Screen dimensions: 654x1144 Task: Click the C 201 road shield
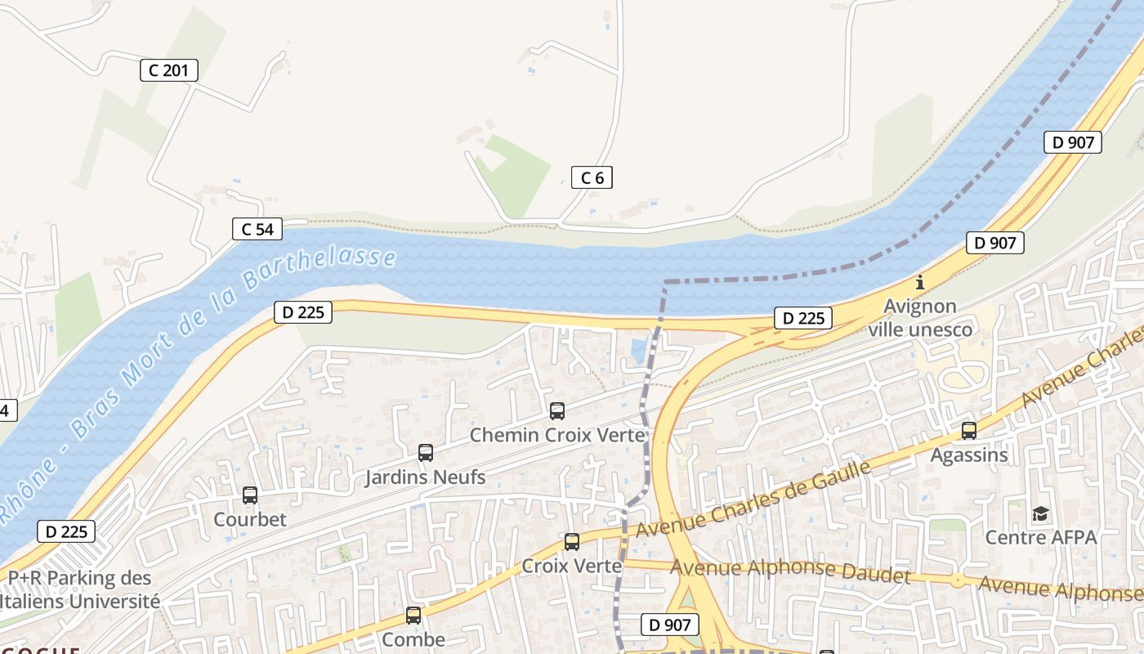169,70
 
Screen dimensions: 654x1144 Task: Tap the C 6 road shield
592,177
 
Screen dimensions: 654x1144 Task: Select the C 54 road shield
257,229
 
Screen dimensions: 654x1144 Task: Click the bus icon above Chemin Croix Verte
557,411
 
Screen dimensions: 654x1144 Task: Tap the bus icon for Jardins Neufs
425,453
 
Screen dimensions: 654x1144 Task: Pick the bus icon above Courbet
250,495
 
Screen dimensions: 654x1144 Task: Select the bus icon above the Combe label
413,616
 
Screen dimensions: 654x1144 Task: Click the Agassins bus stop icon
969,431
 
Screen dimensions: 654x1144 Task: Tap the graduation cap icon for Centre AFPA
1040,513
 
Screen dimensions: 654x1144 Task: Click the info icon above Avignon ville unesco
920,283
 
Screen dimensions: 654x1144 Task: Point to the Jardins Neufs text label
425,477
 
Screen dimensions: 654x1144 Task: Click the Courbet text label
250,519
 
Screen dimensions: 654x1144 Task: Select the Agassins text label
969,455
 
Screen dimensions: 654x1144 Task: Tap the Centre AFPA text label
1040,537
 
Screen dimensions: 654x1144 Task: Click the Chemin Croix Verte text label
557,435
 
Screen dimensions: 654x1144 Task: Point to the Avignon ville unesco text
920,318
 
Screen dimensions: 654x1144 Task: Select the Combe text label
413,639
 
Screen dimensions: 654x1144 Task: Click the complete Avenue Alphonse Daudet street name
790,571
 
